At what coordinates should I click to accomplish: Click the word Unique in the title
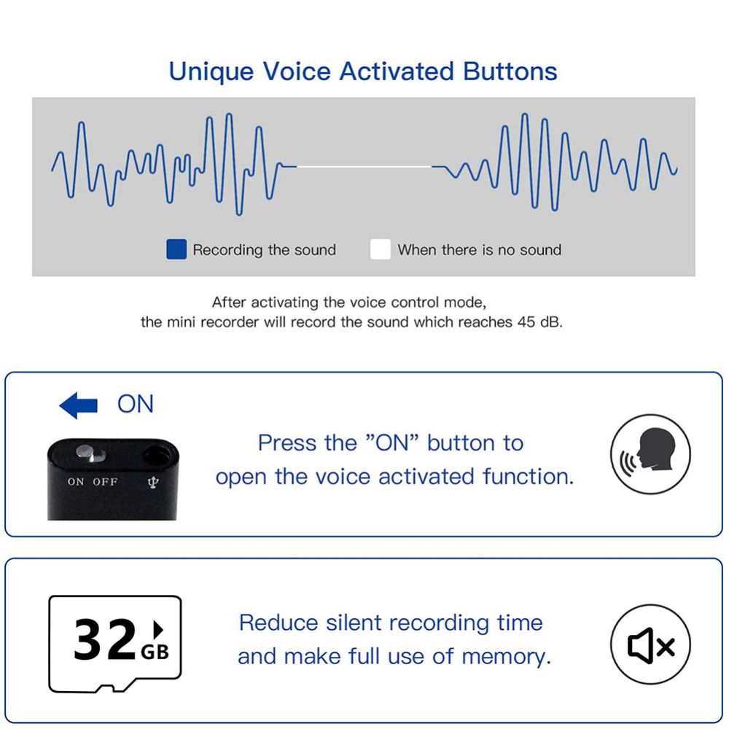(211, 72)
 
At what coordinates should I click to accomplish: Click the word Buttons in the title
(510, 71)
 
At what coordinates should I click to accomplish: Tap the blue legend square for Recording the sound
(176, 249)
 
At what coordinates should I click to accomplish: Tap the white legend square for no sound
(381, 249)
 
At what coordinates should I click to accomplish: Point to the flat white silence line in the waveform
(364, 166)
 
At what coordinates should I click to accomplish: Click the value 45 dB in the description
(539, 321)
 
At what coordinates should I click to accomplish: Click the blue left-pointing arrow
(78, 405)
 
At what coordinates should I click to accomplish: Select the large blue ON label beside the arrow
(136, 404)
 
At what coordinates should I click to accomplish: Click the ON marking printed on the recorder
(76, 482)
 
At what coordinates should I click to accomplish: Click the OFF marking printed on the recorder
(105, 482)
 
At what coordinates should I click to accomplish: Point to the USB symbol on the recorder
(153, 483)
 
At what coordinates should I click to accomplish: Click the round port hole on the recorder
(156, 455)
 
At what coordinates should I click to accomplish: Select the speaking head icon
(650, 453)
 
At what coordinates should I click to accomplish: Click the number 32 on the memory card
(104, 640)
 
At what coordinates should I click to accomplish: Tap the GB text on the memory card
(155, 652)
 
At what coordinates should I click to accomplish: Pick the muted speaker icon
(650, 644)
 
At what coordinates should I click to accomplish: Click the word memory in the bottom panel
(507, 658)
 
